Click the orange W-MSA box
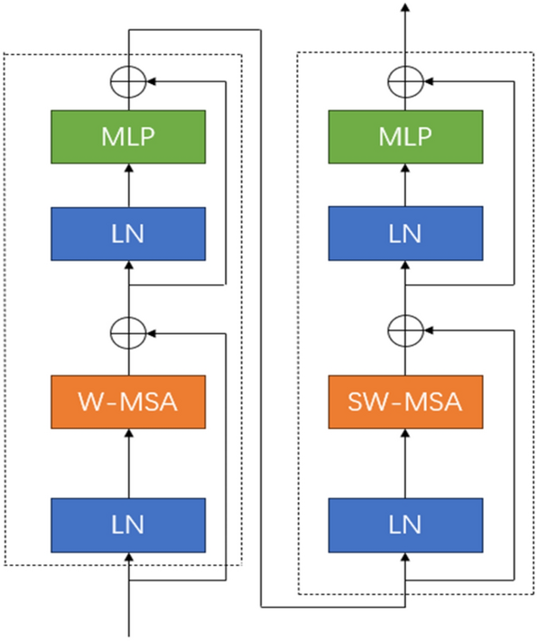click(x=127, y=401)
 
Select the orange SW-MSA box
click(x=404, y=401)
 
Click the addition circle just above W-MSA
click(x=127, y=331)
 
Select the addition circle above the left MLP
click(x=127, y=81)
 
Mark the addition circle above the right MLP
click(x=404, y=81)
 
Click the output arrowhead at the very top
click(x=404, y=8)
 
